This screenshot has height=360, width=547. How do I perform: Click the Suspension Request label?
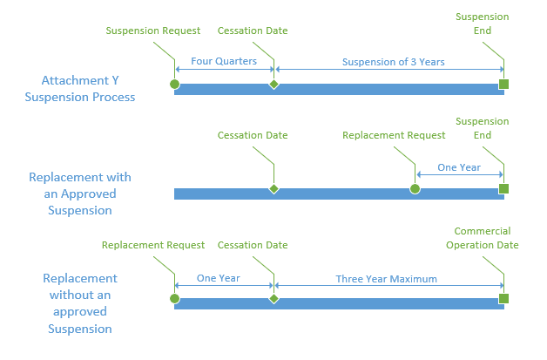coord(153,31)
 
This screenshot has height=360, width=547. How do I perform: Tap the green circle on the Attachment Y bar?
coord(174,85)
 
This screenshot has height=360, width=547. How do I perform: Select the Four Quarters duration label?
coord(224,61)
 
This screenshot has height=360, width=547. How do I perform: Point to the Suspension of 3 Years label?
coord(393,62)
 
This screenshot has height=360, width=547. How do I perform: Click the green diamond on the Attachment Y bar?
coord(273,85)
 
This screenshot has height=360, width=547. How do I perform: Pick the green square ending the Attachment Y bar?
coord(503,85)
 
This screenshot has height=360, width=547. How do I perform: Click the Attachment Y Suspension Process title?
coord(80,89)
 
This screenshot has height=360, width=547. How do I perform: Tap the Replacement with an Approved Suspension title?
coord(80,194)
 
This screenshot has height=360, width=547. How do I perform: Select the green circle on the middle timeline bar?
coord(415,189)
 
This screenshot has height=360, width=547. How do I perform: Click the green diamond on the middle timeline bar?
coord(273,189)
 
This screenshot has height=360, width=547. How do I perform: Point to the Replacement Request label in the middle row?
coord(394,135)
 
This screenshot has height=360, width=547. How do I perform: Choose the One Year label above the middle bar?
coord(459,167)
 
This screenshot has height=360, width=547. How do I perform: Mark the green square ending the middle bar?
coord(503,189)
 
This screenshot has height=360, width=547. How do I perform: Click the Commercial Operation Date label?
coord(483,238)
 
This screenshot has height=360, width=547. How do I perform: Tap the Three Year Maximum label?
coord(386,279)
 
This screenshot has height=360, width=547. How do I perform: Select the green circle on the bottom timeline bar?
coord(174,298)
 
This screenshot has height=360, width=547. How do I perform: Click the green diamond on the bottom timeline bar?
coord(273,298)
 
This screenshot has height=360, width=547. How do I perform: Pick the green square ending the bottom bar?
coord(503,298)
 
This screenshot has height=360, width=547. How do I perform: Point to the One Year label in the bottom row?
coord(219,278)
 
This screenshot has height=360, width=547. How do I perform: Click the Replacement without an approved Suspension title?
coord(80,303)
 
